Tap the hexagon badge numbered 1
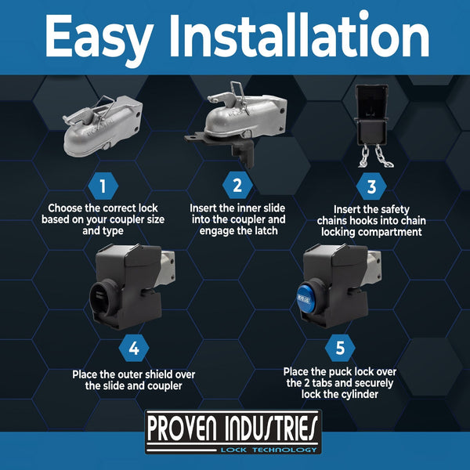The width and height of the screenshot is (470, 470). [103, 186]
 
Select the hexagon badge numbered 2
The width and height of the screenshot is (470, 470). [237, 185]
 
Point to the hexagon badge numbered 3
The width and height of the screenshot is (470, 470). [371, 186]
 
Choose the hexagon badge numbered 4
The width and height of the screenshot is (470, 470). [134, 349]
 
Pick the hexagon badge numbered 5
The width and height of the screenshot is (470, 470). [340, 348]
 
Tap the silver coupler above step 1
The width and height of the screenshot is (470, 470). [103, 125]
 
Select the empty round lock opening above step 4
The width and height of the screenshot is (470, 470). [102, 298]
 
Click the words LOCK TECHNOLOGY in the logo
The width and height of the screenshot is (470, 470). [269, 450]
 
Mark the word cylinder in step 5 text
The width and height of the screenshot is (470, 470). [359, 394]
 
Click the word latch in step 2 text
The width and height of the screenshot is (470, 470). [266, 231]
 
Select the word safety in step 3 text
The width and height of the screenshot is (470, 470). [393, 209]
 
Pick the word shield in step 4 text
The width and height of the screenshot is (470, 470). [157, 374]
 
